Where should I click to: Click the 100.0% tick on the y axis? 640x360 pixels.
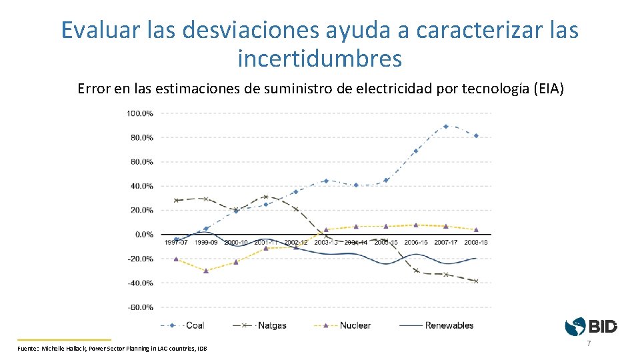pos(139,113)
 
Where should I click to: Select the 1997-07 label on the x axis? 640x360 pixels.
pos(176,243)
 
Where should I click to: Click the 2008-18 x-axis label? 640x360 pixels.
pos(475,243)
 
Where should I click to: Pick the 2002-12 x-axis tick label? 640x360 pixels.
pos(296,243)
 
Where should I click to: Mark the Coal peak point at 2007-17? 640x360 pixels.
pos(445,126)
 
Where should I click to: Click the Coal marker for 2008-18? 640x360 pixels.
pos(475,135)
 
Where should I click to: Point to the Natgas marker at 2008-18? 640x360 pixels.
pos(475,281)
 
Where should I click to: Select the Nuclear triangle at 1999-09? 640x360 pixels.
pos(206,271)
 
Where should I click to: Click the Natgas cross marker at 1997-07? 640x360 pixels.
pos(176,200)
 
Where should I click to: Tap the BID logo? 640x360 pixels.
pos(591,327)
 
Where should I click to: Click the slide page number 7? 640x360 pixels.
pos(589,343)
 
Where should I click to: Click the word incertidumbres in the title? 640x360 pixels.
pos(320,59)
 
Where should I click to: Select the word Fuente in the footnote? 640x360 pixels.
pos(27,349)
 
